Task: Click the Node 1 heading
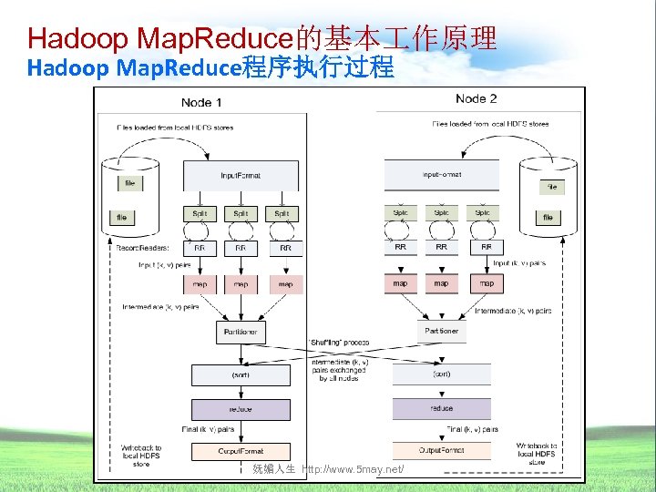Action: pos(201,102)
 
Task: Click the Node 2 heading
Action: pos(476,98)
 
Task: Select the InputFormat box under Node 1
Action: pos(241,176)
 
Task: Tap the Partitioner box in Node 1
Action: pos(241,332)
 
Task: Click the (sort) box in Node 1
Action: pos(241,374)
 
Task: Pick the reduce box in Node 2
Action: pos(441,408)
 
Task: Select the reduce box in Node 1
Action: pos(241,409)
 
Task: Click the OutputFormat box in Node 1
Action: pos(241,450)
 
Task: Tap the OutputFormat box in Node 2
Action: pos(441,450)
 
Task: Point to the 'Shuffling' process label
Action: pos(339,343)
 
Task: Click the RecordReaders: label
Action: pos(142,247)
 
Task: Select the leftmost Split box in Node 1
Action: pos(200,214)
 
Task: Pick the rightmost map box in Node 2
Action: pos(487,283)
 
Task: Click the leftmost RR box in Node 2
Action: pos(400,247)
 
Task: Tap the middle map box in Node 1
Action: pos(241,284)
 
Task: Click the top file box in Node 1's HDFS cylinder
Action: pos(130,183)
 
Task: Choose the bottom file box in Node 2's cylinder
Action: pos(548,218)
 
